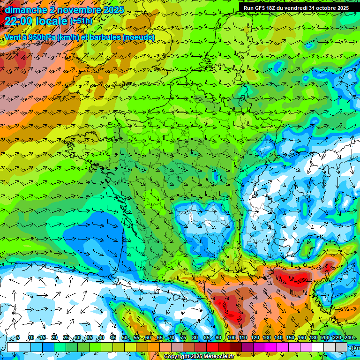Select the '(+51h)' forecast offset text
point(81,21)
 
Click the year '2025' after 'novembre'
point(113,10)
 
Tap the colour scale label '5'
point(18,338)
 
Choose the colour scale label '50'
point(125,338)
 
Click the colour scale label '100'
point(231,338)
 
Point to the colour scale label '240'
point(349,338)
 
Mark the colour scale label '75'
point(183,338)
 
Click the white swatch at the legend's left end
point(13,347)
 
